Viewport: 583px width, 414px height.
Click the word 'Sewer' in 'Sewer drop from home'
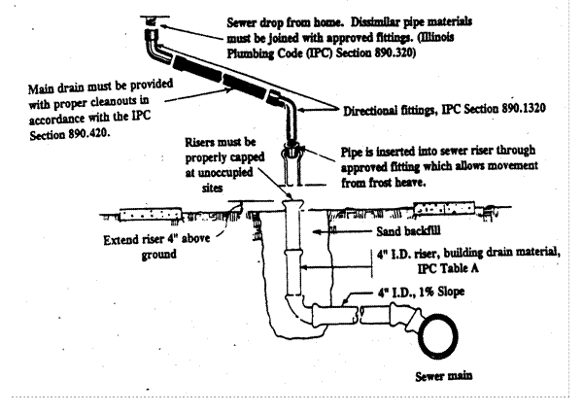(x=242, y=20)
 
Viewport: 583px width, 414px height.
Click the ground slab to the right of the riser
(x=453, y=208)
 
